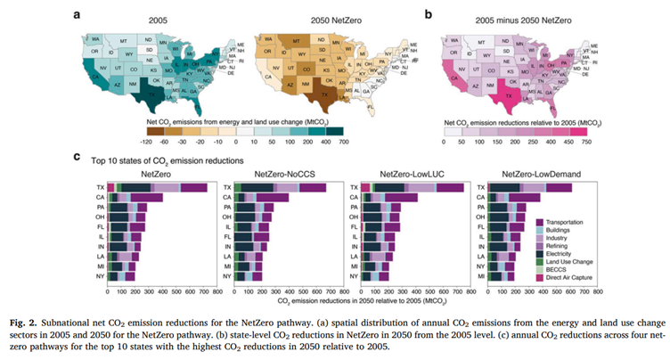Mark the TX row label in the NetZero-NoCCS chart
click(x=226, y=188)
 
